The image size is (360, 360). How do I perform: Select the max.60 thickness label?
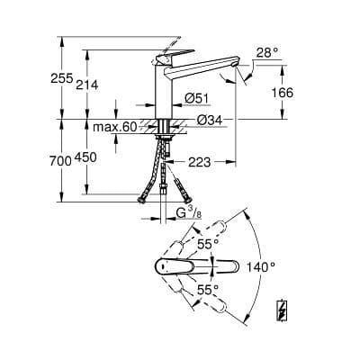tap(114, 128)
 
